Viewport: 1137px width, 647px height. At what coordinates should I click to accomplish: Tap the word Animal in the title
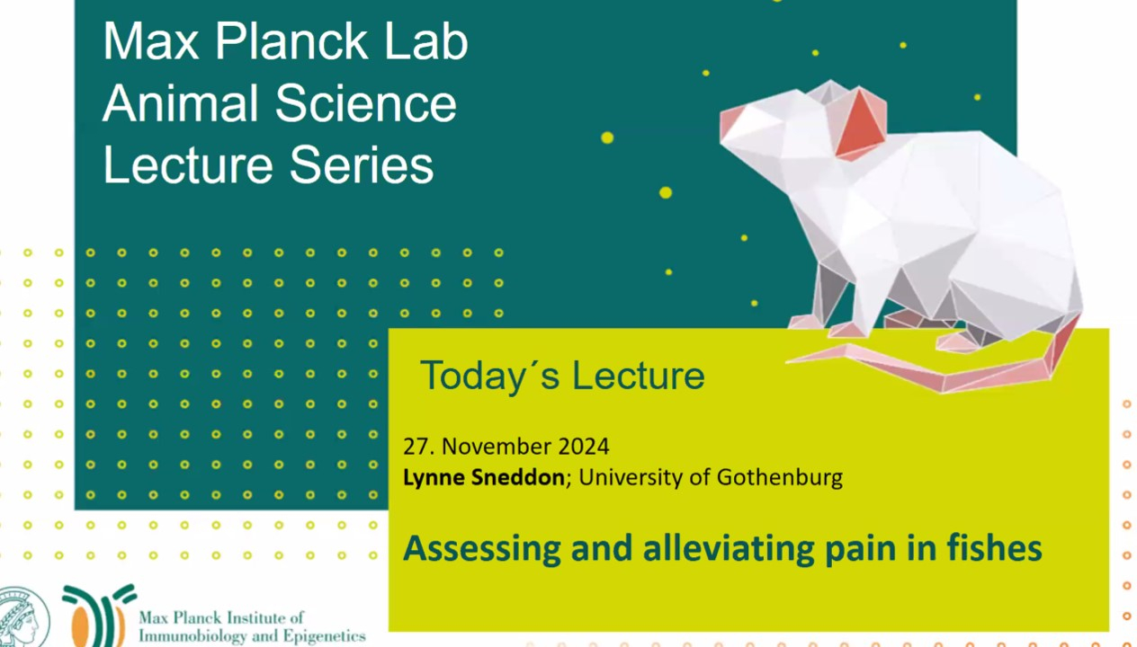click(x=181, y=103)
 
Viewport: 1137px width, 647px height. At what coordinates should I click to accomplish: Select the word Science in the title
click(x=365, y=103)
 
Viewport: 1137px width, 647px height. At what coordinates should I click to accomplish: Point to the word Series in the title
click(x=362, y=165)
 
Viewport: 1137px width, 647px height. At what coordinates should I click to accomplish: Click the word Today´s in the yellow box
click(x=490, y=377)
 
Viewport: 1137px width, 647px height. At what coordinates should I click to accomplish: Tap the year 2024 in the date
click(x=583, y=447)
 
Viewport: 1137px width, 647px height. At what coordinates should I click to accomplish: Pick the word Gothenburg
click(x=780, y=477)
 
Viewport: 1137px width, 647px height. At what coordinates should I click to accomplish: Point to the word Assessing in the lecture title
click(x=482, y=548)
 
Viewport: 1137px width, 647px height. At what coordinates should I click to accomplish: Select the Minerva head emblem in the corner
click(x=22, y=617)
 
